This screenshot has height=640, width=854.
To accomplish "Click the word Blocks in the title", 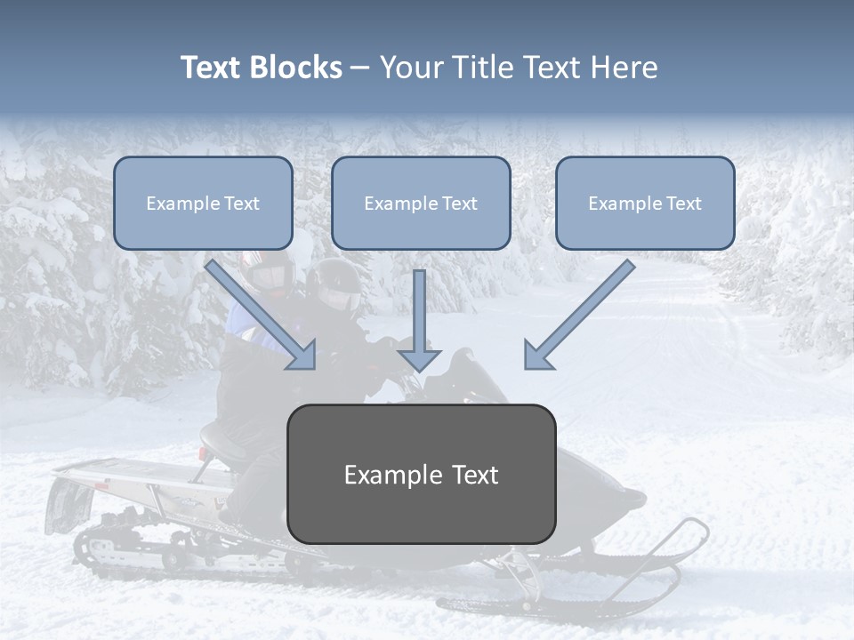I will (296, 68).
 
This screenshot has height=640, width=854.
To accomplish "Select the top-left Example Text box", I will (203, 204).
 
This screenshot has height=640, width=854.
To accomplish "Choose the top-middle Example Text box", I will (421, 204).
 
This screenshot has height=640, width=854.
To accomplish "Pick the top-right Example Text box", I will (645, 204).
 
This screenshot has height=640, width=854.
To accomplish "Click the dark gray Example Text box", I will (421, 474).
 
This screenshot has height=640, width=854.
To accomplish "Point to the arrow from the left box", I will (262, 315).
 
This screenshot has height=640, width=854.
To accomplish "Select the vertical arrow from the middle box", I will (419, 320).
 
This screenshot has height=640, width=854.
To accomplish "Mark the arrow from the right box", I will (578, 315).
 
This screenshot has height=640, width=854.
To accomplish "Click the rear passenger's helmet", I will (270, 271).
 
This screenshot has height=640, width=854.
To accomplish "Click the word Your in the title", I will (412, 68).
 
